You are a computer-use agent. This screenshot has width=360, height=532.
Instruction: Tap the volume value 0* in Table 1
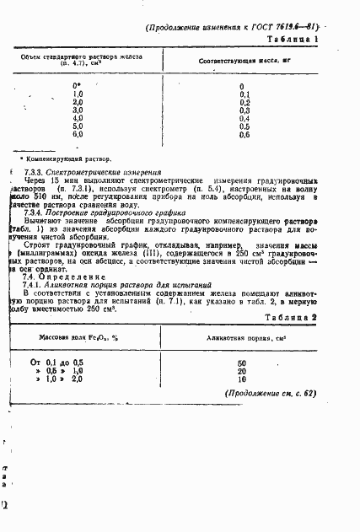pos(78,86)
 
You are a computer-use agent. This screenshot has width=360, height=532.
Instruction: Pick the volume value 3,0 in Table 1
pos(78,110)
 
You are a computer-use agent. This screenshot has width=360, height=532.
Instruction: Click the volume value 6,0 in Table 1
pos(78,134)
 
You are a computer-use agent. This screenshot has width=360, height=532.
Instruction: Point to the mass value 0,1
pos(244,94)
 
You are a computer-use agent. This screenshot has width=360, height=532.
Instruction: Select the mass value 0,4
pos(244,118)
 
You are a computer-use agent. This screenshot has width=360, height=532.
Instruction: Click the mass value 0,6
pos(244,134)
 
